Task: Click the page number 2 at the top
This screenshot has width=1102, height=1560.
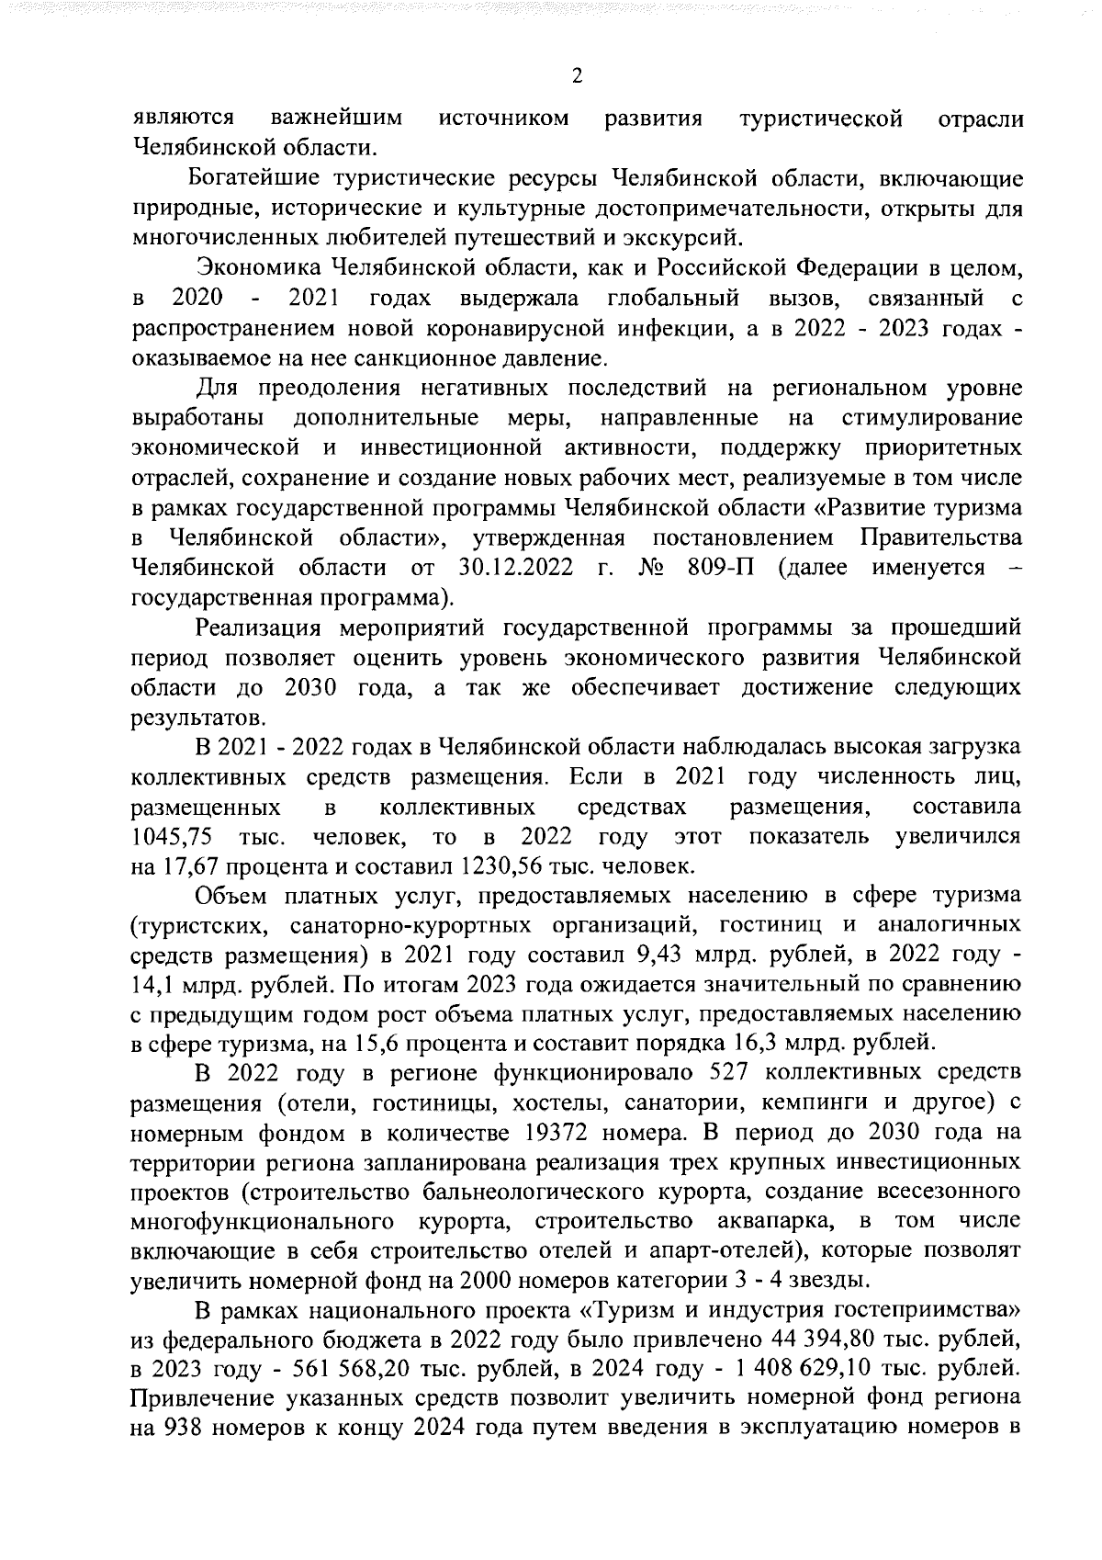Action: (577, 76)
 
